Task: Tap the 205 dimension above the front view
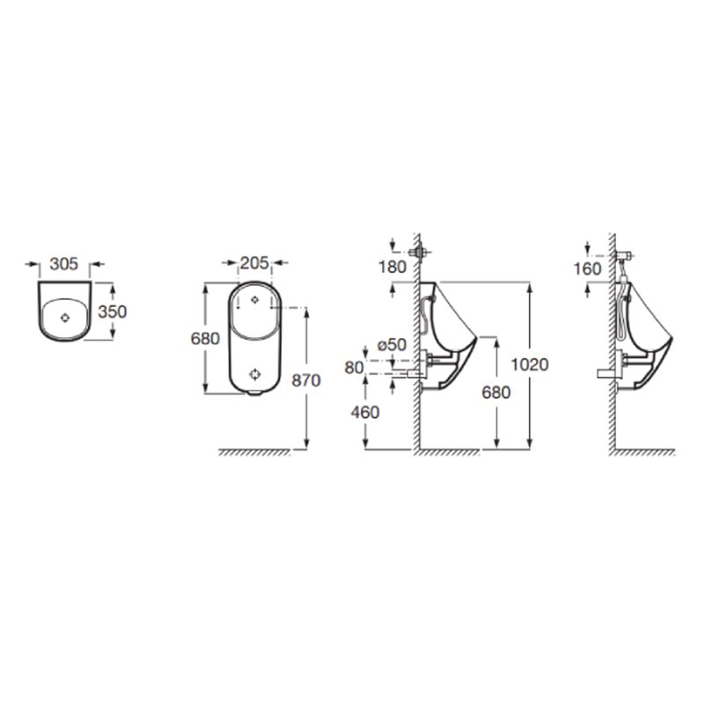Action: (x=254, y=262)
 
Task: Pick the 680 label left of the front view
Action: (x=204, y=339)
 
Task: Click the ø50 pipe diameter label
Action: (x=392, y=345)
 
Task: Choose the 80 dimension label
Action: (x=354, y=367)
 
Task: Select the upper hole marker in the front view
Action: (x=255, y=298)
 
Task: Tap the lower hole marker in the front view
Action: (x=255, y=373)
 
